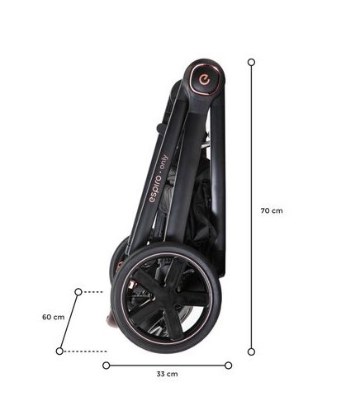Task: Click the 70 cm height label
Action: click(272, 210)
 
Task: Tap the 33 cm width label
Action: click(167, 374)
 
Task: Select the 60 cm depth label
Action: click(53, 317)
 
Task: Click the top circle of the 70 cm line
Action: click(251, 62)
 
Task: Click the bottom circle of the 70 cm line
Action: click(251, 351)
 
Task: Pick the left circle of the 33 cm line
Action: click(107, 366)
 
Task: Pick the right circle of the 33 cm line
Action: click(228, 366)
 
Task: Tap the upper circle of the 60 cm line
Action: click(78, 292)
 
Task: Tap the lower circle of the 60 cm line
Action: click(59, 351)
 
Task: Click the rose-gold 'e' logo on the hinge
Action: click(205, 80)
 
